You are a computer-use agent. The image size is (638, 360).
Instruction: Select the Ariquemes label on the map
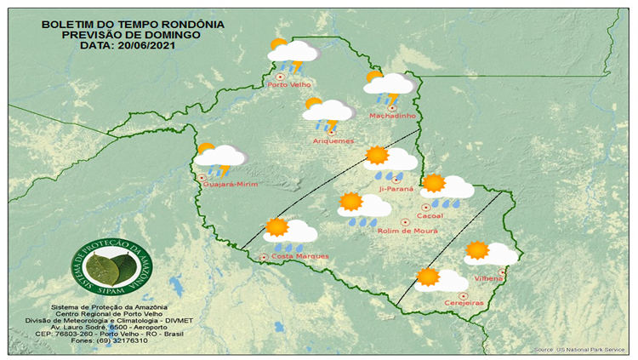coord(333,140)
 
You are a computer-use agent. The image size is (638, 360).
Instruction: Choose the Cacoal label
coord(430,216)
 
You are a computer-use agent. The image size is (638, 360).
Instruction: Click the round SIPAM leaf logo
coord(107,265)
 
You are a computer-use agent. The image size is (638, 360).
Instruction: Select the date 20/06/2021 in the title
coord(151,46)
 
